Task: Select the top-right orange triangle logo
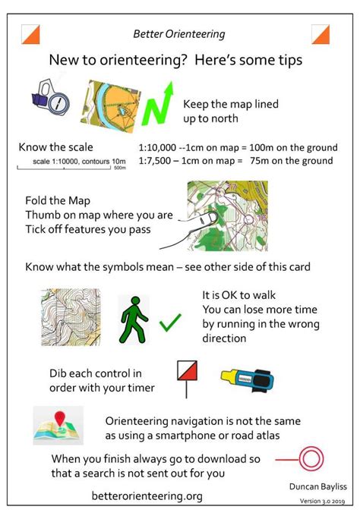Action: click(x=321, y=34)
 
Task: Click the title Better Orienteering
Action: click(x=179, y=34)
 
